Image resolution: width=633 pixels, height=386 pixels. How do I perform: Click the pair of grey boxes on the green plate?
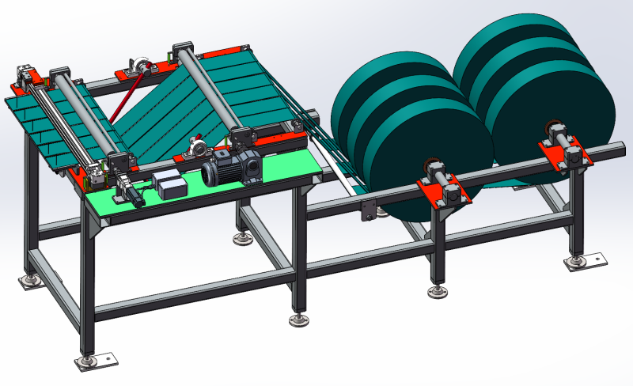[169, 184]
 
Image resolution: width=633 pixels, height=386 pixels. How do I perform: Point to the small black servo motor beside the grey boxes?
[130, 192]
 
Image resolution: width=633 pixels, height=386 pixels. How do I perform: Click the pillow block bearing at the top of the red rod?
[140, 64]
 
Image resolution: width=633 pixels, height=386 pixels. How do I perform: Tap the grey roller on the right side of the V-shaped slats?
[210, 91]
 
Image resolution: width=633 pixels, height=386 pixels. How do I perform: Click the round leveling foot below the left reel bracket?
[435, 292]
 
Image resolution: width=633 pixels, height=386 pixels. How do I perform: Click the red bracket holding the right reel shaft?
[563, 150]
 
